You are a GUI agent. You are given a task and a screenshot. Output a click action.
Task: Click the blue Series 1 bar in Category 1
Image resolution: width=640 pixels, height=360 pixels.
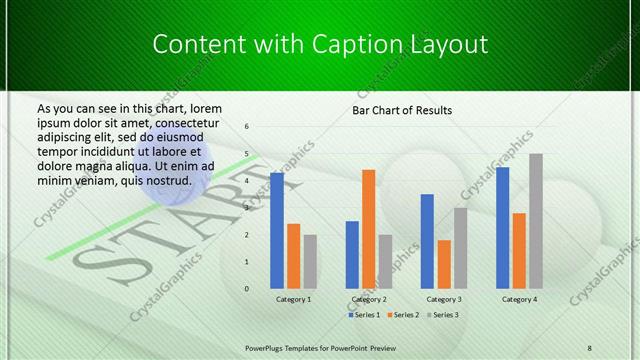277,231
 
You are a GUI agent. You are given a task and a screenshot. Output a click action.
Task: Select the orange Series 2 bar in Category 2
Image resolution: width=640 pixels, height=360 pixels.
369,229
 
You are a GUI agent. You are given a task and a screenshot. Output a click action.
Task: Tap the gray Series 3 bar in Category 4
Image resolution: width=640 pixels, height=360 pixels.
536,221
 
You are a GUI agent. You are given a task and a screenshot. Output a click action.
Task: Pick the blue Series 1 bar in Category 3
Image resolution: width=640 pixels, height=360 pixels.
427,241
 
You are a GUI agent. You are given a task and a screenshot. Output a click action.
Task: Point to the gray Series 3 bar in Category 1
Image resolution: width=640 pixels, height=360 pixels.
310,262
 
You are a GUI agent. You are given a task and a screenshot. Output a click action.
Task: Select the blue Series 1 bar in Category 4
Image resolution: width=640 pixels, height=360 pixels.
502,228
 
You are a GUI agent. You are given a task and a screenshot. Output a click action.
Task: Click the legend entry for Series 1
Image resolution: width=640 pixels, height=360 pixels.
362,315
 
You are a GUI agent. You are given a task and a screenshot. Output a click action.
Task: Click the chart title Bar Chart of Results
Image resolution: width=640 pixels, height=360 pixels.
402,110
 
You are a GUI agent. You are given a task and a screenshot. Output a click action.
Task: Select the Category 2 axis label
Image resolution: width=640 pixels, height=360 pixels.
369,299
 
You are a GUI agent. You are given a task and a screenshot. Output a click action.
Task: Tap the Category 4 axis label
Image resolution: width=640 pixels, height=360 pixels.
519,299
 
